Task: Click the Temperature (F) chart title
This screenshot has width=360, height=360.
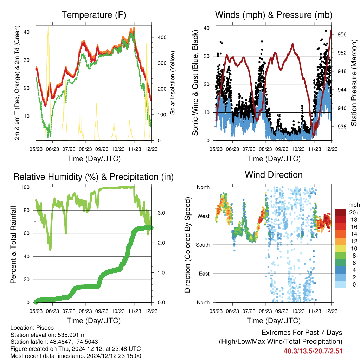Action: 94,15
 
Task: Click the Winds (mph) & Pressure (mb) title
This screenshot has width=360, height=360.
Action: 274,15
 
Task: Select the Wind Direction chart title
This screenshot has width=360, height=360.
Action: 274,175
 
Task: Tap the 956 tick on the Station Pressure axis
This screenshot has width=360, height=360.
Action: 342,34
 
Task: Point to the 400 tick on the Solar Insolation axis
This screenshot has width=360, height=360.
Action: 162,37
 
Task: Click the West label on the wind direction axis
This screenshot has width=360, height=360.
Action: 204,216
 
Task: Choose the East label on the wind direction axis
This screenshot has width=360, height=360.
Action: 204,274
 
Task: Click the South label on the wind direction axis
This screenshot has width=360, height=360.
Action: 203,245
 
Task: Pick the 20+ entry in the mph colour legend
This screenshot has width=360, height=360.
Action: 354,212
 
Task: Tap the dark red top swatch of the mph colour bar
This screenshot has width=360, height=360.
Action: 340,212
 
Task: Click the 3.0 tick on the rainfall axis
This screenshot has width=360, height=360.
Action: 161,213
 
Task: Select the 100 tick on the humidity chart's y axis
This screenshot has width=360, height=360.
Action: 25,187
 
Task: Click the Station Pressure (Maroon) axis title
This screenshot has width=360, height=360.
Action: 354,83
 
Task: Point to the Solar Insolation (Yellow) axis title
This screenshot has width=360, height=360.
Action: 172,83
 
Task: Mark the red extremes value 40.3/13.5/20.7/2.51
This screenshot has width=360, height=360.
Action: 313,351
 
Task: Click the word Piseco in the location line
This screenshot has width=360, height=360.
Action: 45,328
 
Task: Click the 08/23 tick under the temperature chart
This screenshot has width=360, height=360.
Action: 85,149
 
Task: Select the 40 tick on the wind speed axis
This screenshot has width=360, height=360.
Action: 207,28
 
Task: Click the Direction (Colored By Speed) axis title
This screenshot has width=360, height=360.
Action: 188,245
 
